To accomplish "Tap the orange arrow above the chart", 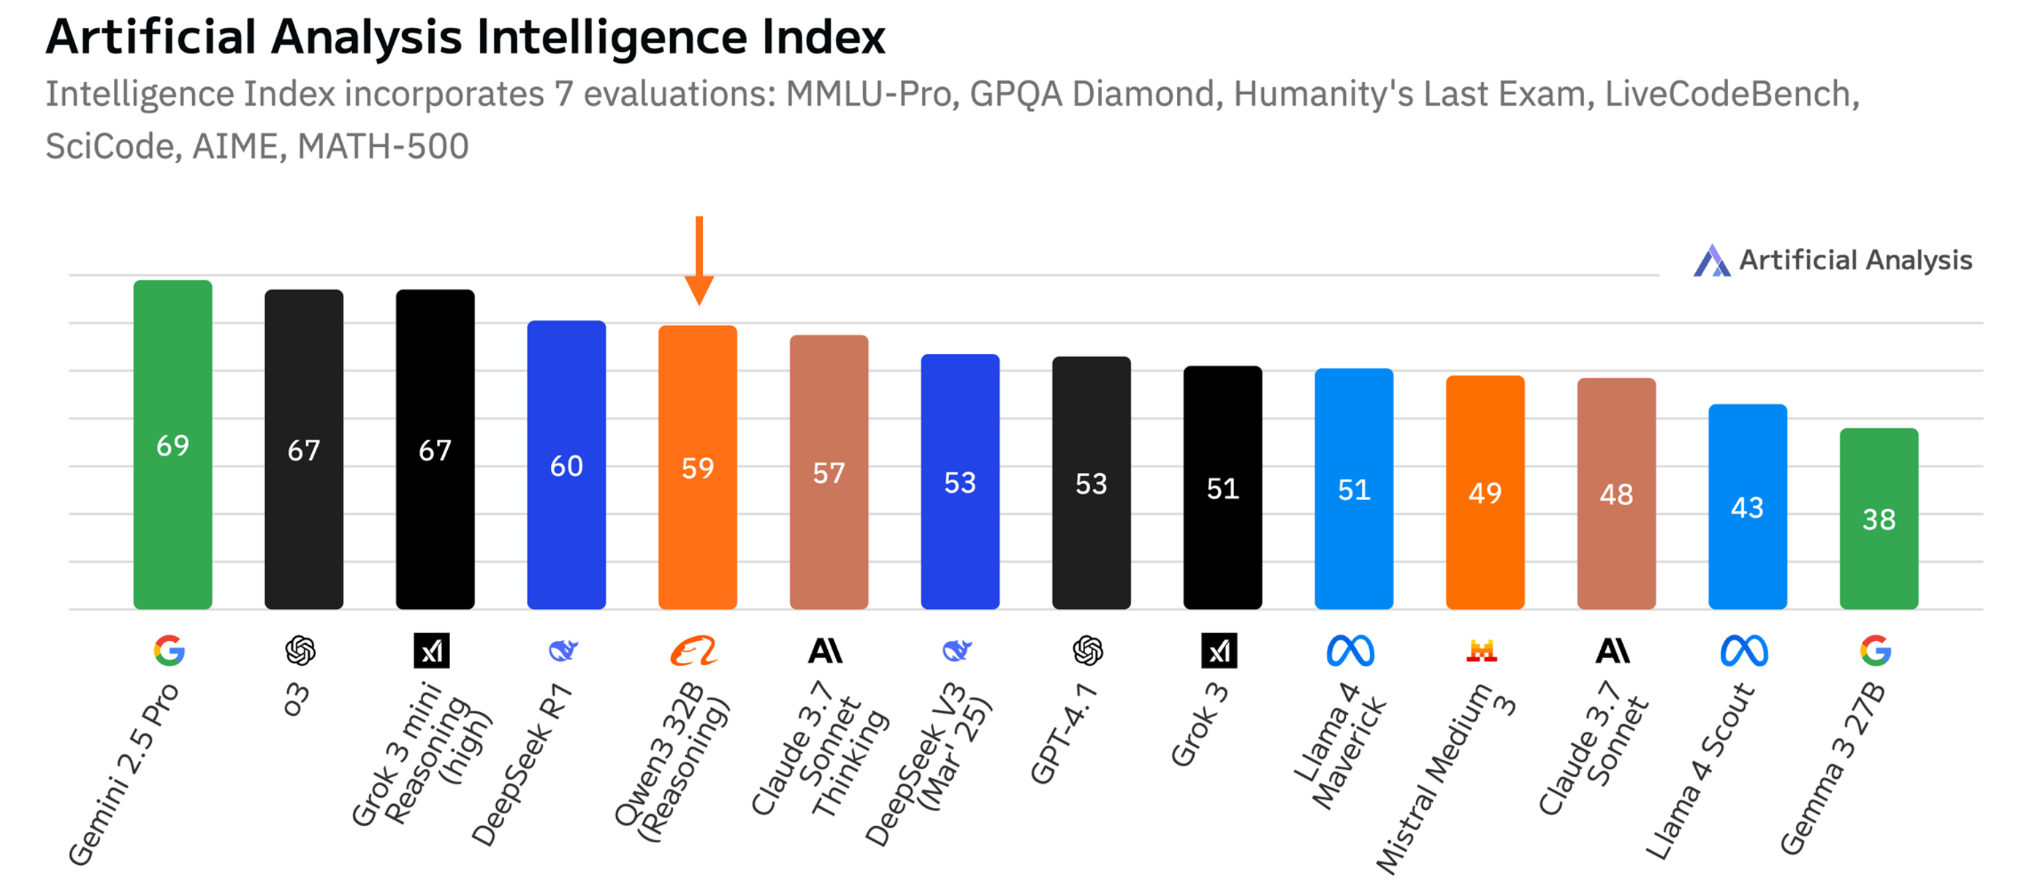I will click(x=699, y=262).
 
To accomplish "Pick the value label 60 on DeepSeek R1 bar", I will click(x=566, y=466).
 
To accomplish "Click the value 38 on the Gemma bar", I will click(x=1879, y=519).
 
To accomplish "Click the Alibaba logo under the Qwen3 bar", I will click(x=693, y=651).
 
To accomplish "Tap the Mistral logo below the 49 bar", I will click(x=1482, y=651).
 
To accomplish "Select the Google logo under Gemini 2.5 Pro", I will click(x=170, y=651).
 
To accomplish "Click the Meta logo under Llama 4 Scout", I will click(x=1745, y=651).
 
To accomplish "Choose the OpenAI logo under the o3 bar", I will click(x=300, y=651).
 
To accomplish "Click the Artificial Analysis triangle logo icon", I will click(x=1711, y=261).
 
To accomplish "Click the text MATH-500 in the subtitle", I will click(x=384, y=146).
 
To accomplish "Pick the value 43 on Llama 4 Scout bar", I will click(x=1747, y=507).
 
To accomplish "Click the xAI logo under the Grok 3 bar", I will click(x=1219, y=651).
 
